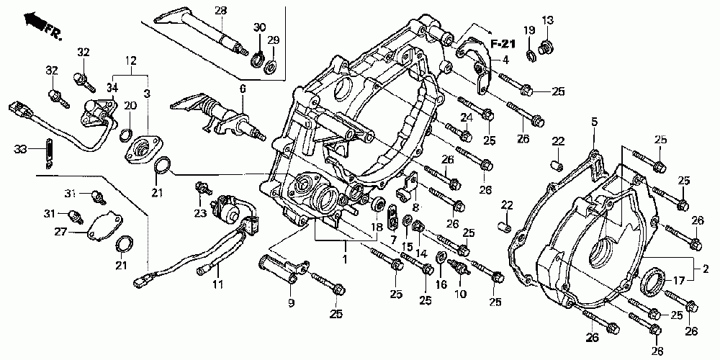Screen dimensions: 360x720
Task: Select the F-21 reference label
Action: coord(505,45)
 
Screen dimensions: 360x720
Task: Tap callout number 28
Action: coord(220,10)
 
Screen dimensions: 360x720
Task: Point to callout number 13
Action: coord(548,19)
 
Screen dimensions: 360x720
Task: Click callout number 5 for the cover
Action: coord(595,123)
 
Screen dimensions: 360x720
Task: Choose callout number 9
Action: coord(292,304)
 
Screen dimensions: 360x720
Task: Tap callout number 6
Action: coord(243,89)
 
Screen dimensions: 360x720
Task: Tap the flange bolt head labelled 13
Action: coord(546,47)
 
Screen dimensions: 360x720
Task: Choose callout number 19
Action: coord(529,30)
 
